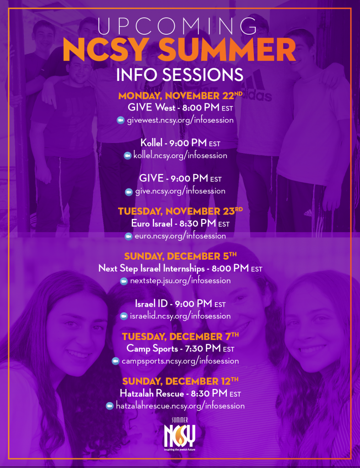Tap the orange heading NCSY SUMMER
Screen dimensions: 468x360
[x=179, y=51]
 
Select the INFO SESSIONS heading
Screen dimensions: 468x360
[x=179, y=75]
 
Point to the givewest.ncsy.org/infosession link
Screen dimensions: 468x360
[x=180, y=120]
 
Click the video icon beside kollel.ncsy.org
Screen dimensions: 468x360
[x=128, y=156]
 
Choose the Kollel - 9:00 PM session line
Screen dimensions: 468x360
[x=180, y=144]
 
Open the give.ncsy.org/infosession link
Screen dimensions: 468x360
[x=180, y=191]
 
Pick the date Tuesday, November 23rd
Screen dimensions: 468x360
[x=180, y=212]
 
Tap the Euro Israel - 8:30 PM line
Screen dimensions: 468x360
[x=180, y=224]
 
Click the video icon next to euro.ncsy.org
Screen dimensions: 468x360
[x=129, y=236]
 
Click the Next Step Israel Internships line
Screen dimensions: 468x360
[x=180, y=269]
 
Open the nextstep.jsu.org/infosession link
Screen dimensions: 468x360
[x=180, y=281]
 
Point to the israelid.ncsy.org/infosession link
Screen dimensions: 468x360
[x=180, y=316]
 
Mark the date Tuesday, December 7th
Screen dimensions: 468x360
[x=180, y=337]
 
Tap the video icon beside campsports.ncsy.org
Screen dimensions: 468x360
[x=116, y=361]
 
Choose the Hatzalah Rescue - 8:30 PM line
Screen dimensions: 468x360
[x=180, y=393]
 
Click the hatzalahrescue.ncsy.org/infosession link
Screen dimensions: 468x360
[x=180, y=406]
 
